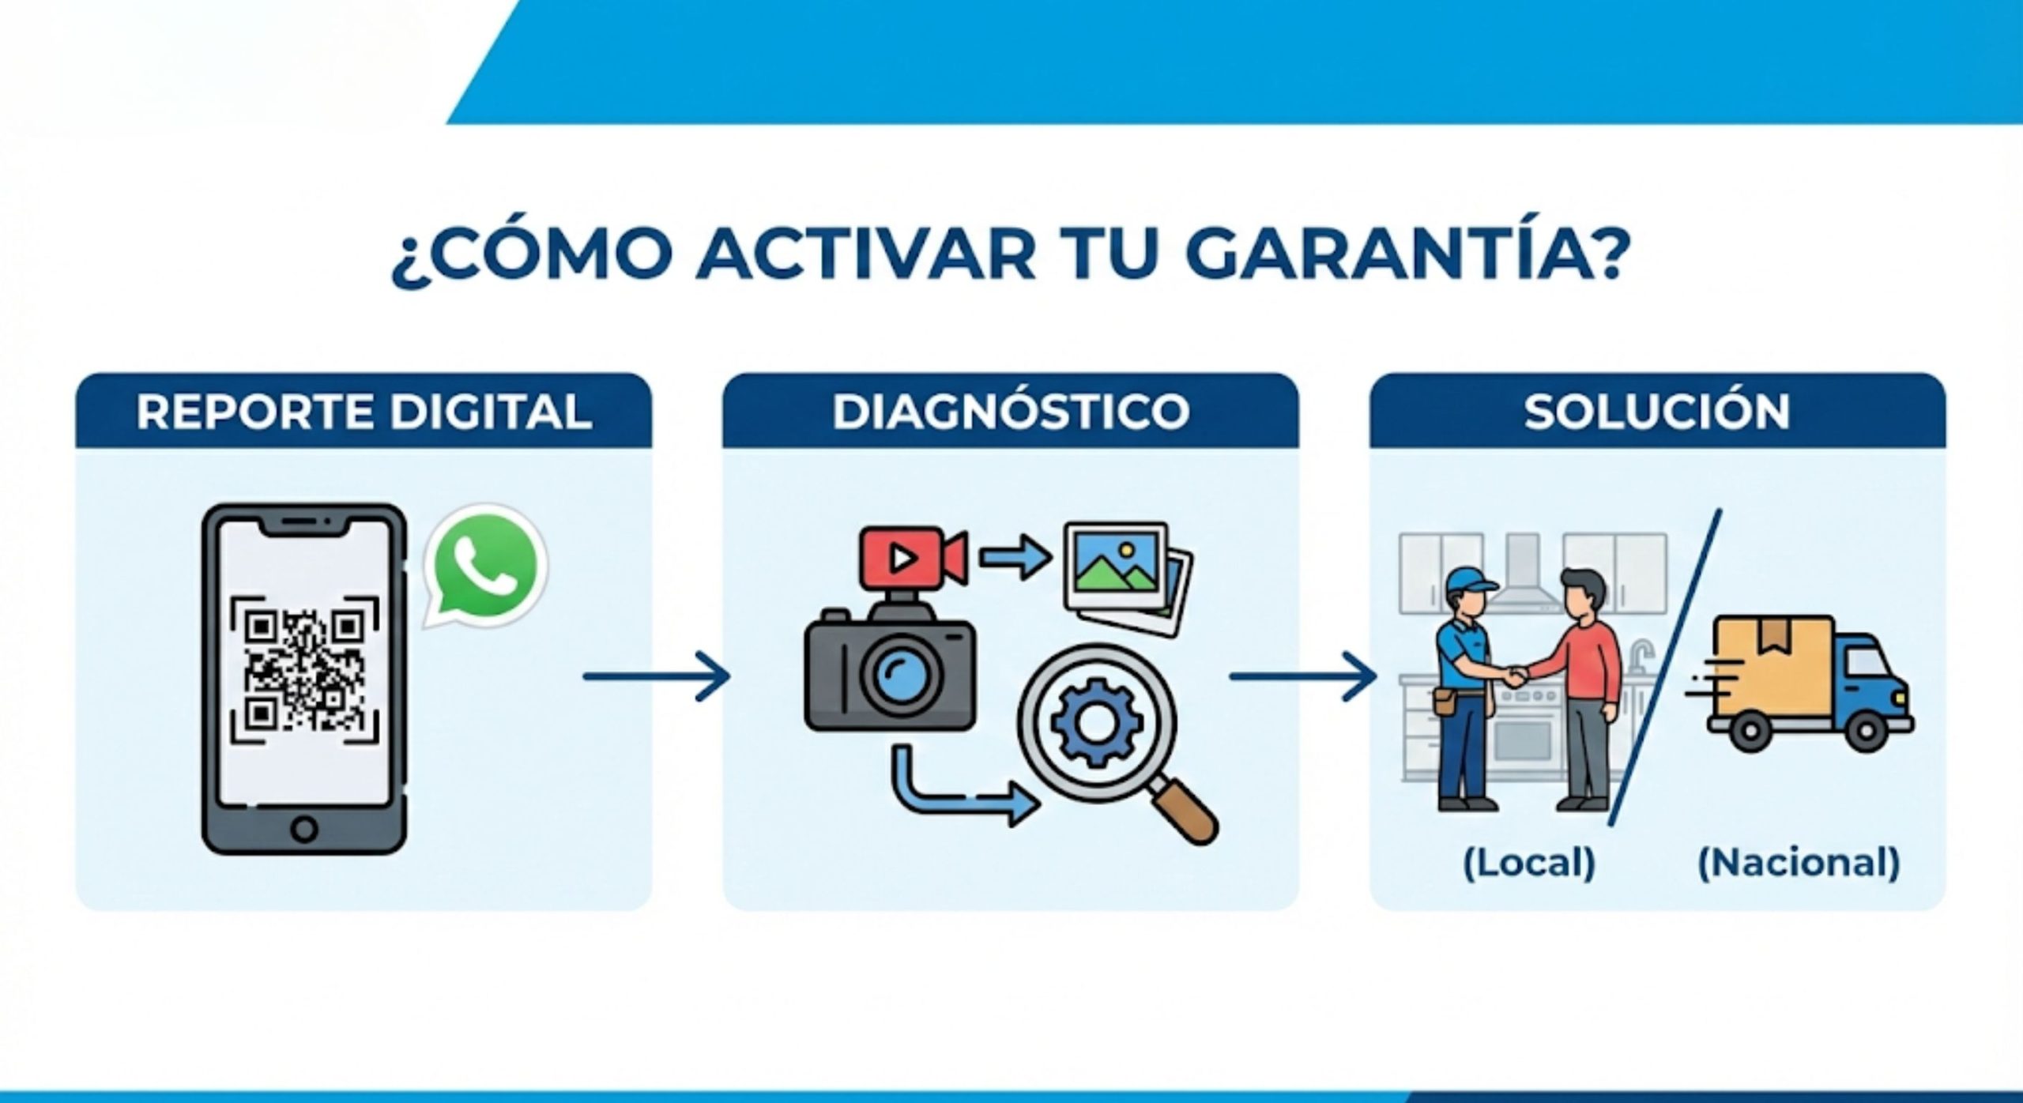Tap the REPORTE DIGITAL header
point(364,412)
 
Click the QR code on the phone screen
point(304,670)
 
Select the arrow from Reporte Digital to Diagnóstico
point(655,676)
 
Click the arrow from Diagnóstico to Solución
point(1303,676)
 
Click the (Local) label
point(1529,863)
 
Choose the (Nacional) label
point(1799,863)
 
